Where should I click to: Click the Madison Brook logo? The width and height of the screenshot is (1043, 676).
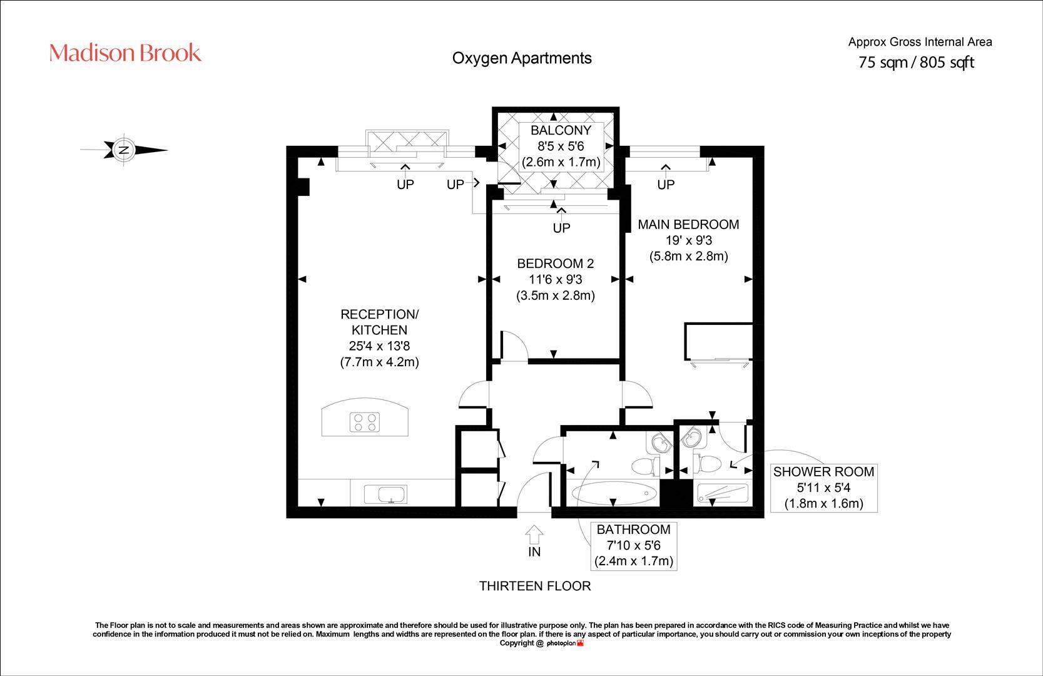pos(125,53)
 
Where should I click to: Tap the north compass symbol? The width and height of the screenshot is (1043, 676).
pos(125,150)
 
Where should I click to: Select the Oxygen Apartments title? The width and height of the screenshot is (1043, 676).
pos(521,58)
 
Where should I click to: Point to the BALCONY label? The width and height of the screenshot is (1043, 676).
pos(561,130)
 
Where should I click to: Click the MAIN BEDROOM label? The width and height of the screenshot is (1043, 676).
pos(688,224)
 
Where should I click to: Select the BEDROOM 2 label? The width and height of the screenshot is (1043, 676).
pos(555,264)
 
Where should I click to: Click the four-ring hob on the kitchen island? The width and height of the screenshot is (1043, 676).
pos(365,422)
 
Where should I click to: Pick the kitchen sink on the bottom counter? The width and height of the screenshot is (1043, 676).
pos(386,494)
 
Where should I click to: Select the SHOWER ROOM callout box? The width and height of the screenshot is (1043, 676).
pos(823,488)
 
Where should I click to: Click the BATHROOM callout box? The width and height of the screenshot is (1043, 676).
pos(633,545)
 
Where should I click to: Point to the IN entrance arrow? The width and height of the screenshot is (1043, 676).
pos(534,535)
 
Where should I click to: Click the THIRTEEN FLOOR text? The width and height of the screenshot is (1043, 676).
pos(535,586)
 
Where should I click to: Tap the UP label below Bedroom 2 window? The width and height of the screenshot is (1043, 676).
pos(561,228)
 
